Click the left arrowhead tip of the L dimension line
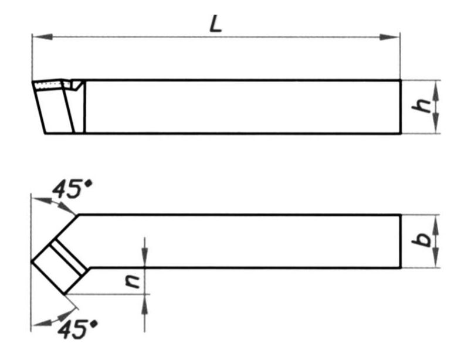tap(32, 36)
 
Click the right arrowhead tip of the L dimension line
tap(400, 37)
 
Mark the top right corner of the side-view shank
tap(401, 80)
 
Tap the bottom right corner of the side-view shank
tap(401, 133)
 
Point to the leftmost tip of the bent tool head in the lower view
tap(31, 262)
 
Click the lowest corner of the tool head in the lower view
tap(65, 294)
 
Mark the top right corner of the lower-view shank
tap(401, 215)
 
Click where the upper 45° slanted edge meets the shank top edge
tap(79, 215)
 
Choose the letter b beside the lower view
tap(422, 239)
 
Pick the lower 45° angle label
tap(77, 329)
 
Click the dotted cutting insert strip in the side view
tap(48, 85)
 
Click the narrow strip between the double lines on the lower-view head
tap(69, 257)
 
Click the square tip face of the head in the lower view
tap(53, 266)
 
